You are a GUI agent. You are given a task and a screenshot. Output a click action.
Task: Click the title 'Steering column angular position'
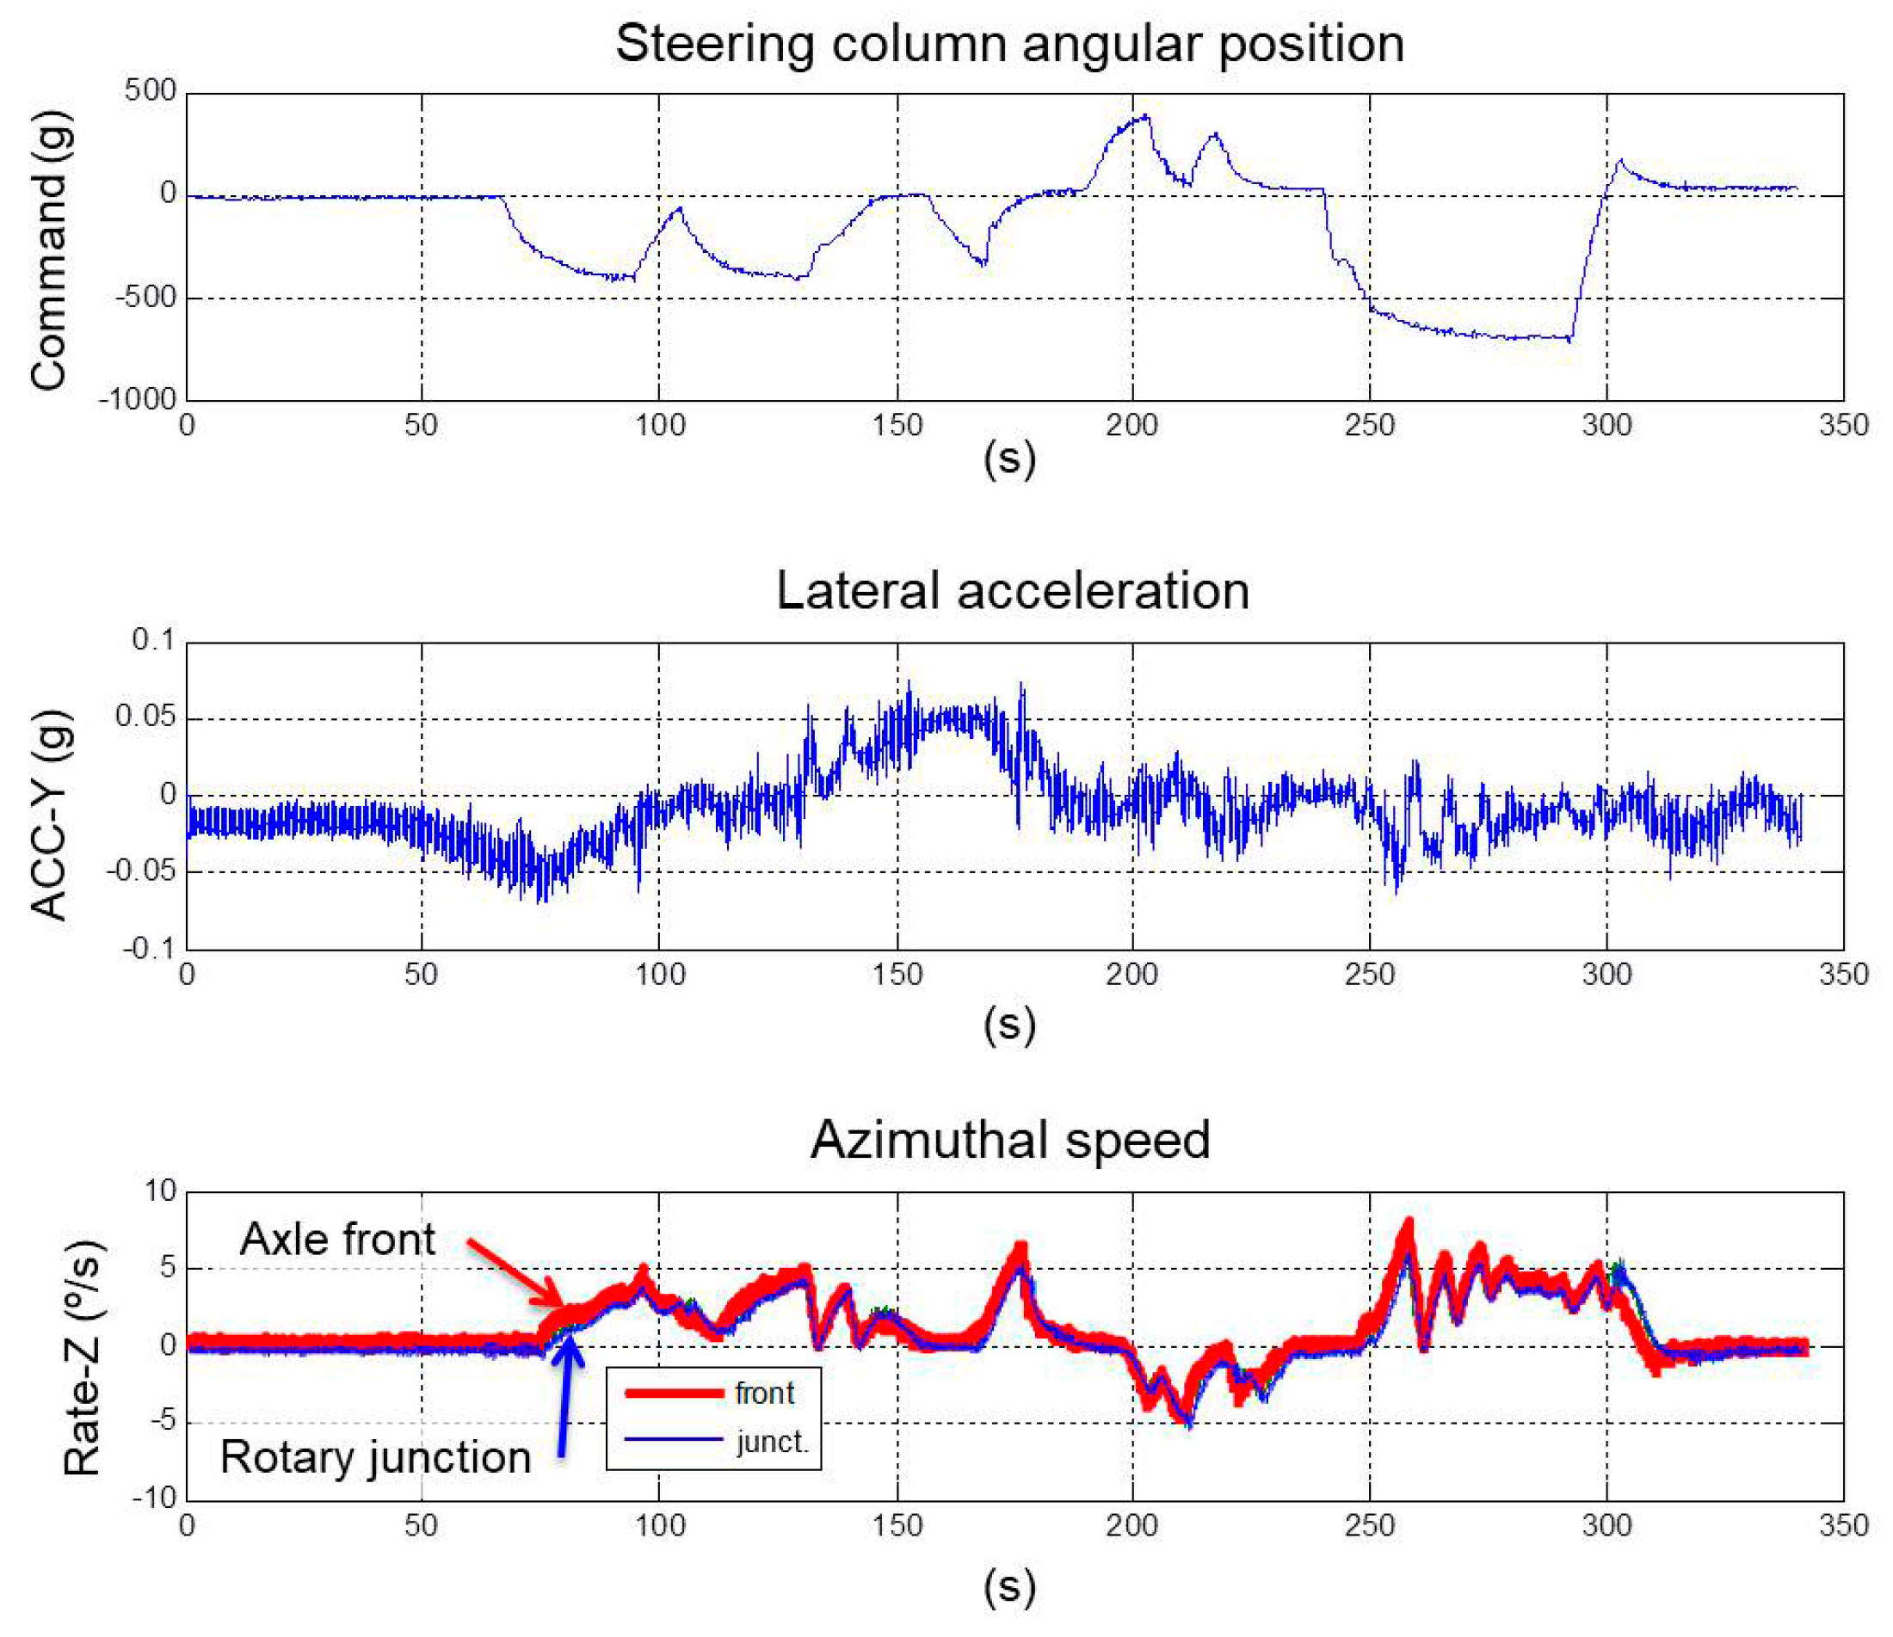1008,43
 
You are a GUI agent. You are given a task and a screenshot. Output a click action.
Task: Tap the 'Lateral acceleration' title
1012,591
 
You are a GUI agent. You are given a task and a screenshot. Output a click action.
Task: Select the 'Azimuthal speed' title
1009,1140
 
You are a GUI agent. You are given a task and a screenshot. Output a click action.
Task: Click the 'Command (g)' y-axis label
49,249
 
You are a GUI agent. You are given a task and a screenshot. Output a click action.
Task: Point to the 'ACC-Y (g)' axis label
49,814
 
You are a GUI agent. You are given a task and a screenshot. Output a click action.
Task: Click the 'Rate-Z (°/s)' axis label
83,1357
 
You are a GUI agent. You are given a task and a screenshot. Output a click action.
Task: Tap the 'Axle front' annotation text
337,1240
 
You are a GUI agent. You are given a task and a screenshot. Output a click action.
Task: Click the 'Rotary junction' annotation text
374,1456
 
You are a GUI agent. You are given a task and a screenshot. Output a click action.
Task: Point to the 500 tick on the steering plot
151,90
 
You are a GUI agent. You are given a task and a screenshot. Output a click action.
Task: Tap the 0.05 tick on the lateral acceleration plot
145,717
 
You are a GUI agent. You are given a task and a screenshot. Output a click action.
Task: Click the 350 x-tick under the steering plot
1843,425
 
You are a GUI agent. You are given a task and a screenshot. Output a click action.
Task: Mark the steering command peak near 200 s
1147,116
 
